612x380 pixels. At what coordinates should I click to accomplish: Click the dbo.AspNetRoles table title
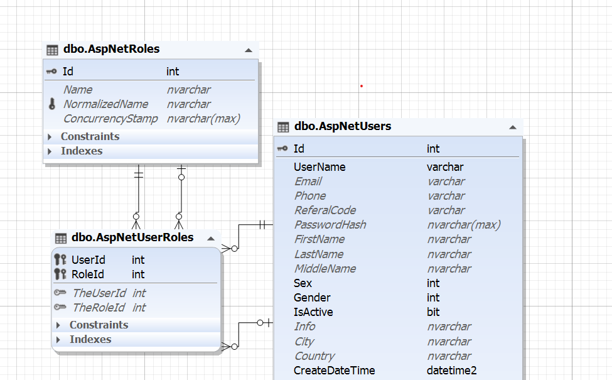pos(111,49)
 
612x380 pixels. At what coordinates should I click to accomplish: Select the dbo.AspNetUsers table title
pos(343,126)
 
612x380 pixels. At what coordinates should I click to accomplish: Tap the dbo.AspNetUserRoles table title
pos(132,237)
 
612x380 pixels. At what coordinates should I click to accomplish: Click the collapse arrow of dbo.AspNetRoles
pos(248,50)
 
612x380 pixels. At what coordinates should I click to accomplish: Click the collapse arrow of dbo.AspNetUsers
pos(513,128)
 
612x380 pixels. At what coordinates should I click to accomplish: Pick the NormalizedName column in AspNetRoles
pos(106,104)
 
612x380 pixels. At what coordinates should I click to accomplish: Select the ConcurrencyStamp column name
pos(110,119)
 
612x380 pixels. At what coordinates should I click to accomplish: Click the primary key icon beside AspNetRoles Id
pos(51,72)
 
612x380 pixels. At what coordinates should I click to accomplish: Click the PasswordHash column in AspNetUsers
pos(330,225)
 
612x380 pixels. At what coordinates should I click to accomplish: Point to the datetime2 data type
pos(451,371)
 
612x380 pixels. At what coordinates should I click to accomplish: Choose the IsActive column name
pos(313,312)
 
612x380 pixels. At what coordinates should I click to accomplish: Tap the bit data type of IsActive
pos(433,312)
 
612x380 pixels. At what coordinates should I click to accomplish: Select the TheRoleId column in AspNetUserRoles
pos(99,308)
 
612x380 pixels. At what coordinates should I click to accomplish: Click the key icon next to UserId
pos(60,259)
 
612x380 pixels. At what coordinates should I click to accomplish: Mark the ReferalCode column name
pos(325,210)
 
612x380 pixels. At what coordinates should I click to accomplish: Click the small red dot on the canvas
pos(362,86)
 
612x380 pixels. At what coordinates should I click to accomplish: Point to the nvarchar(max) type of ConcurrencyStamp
pos(203,119)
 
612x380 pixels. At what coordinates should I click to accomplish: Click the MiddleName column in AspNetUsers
pos(325,269)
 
